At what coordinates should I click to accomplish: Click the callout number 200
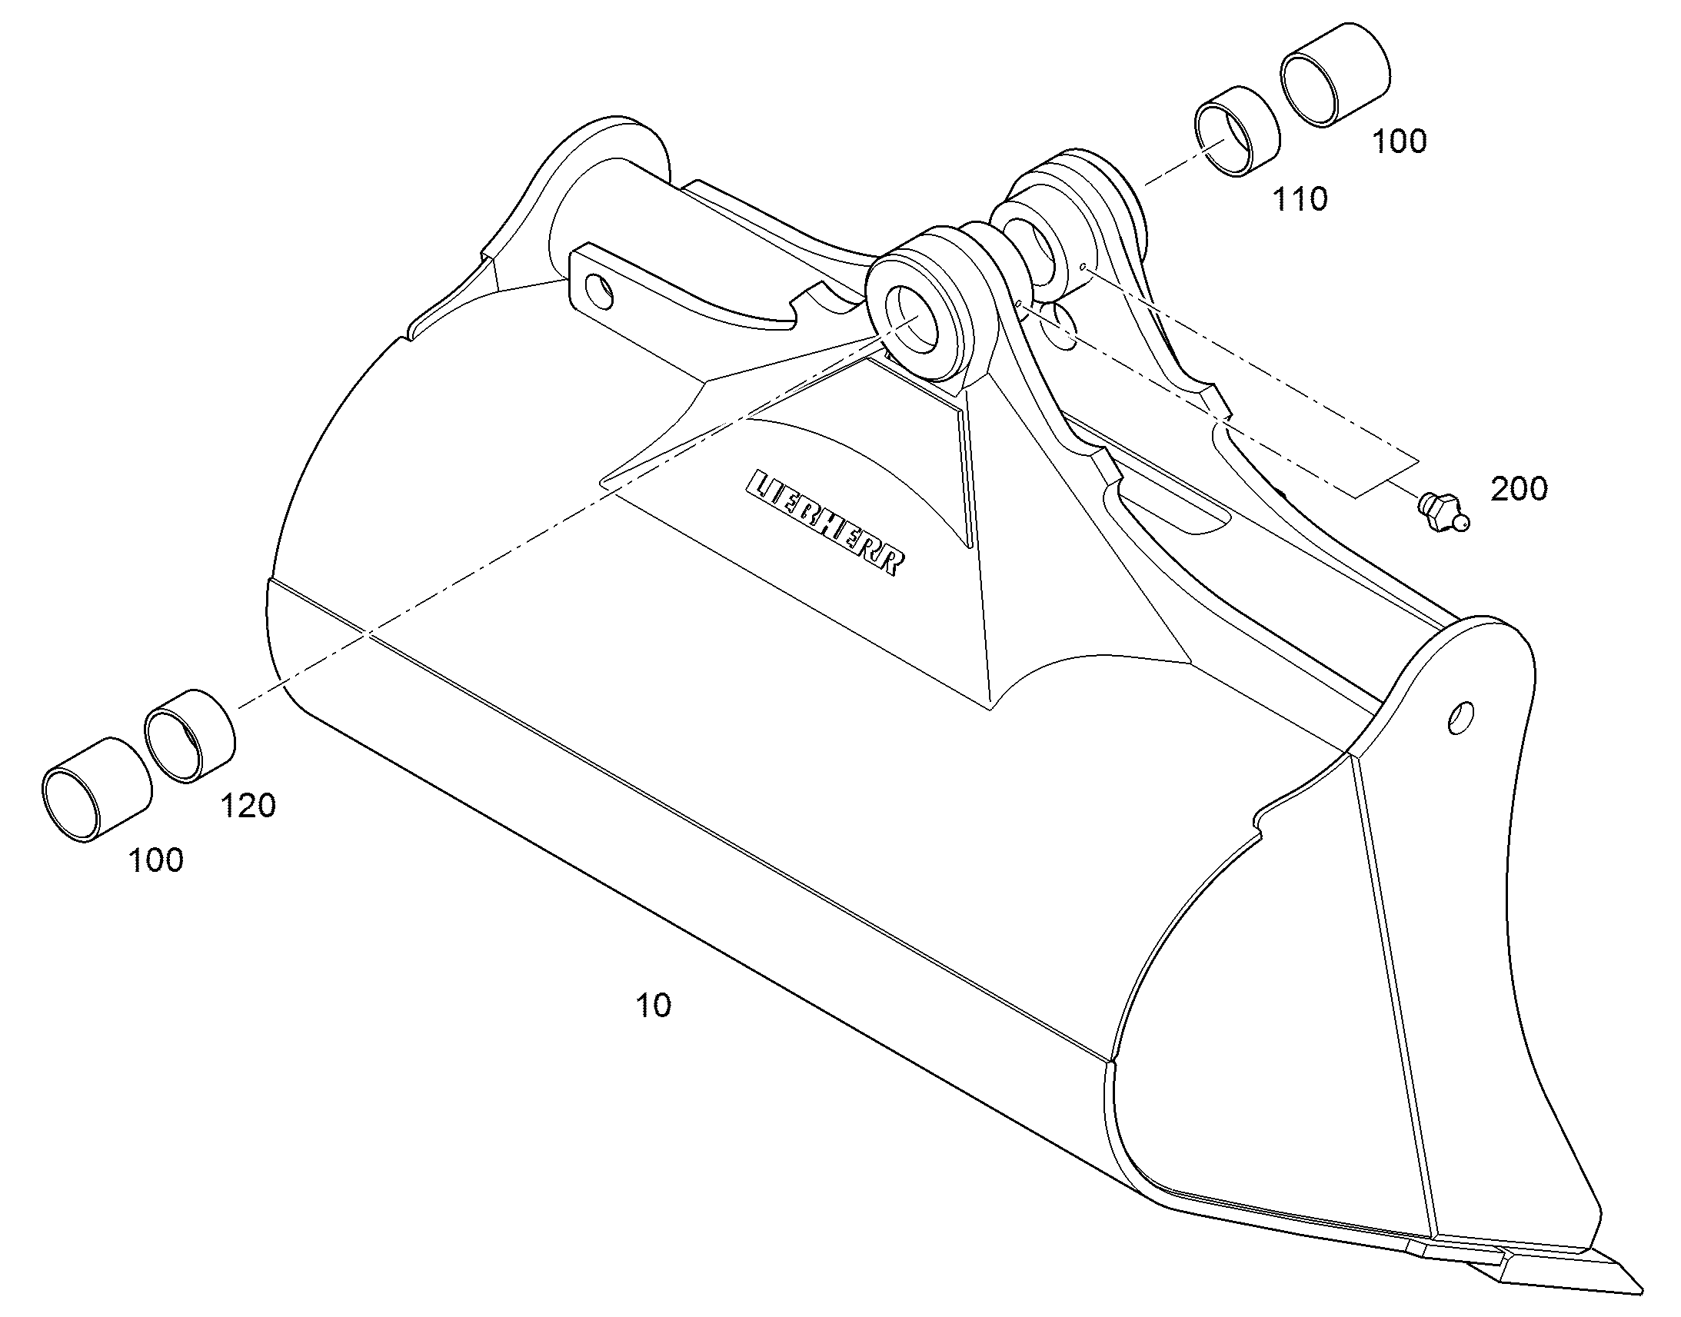click(x=1519, y=489)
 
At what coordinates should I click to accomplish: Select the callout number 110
click(x=1300, y=200)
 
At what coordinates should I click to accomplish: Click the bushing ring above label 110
click(x=1237, y=133)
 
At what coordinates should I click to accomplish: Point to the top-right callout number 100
click(x=1400, y=141)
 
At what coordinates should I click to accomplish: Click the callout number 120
click(x=248, y=806)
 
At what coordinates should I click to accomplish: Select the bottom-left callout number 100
click(x=157, y=860)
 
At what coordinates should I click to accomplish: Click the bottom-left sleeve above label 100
click(x=95, y=790)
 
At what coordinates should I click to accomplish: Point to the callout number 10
click(x=653, y=1005)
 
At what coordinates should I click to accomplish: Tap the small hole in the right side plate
click(x=1461, y=717)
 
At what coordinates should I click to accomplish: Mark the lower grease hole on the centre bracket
click(x=1020, y=304)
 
